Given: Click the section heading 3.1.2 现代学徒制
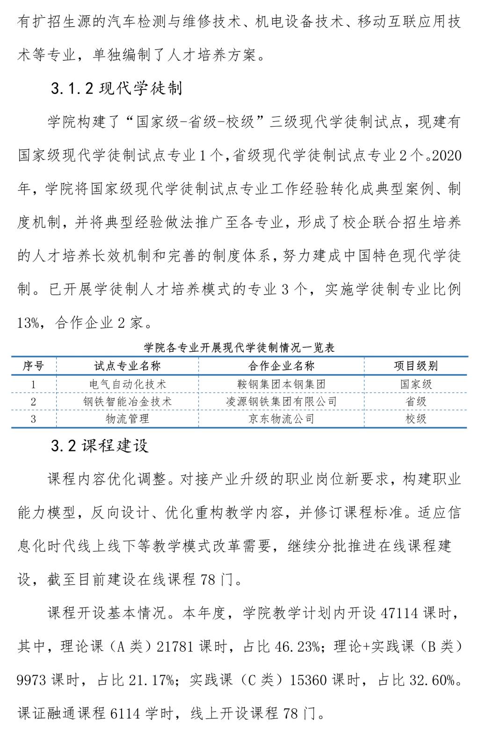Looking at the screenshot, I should [x=116, y=88].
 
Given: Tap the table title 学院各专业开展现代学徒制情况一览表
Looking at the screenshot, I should [x=239, y=348].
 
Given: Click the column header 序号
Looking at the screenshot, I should [x=33, y=366].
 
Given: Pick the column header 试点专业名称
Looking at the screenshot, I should [x=127, y=366].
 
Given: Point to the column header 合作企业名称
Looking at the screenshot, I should [x=281, y=366].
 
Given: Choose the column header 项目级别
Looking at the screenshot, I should [x=415, y=366].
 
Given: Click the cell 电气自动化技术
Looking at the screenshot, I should [x=127, y=384].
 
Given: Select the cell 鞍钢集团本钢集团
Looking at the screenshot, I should [x=281, y=384].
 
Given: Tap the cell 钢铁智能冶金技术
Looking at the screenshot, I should [x=127, y=401].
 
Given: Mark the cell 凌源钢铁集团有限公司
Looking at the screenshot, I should [x=281, y=401].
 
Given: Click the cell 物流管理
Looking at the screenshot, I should [x=127, y=419].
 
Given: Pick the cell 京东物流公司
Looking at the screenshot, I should [x=281, y=419].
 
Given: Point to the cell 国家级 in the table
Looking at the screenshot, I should [x=415, y=384].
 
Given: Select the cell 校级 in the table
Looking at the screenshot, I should [x=415, y=419].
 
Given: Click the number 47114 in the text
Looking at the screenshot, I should [x=400, y=613].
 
